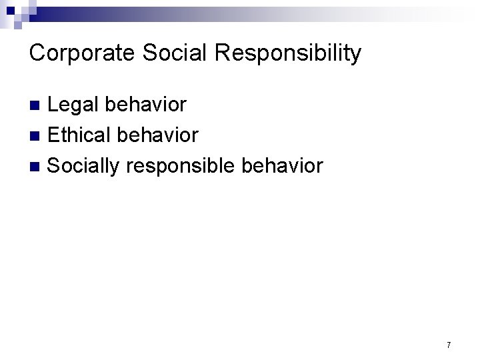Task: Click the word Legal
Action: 72,105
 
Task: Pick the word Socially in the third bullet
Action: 83,165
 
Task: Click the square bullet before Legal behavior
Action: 37,105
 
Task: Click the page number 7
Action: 449,345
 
